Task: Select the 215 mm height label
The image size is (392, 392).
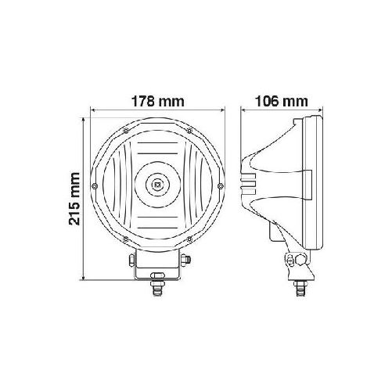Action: click(x=75, y=198)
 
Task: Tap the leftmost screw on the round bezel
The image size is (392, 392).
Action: click(x=94, y=185)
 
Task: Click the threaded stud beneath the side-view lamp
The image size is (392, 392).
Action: click(x=298, y=290)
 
